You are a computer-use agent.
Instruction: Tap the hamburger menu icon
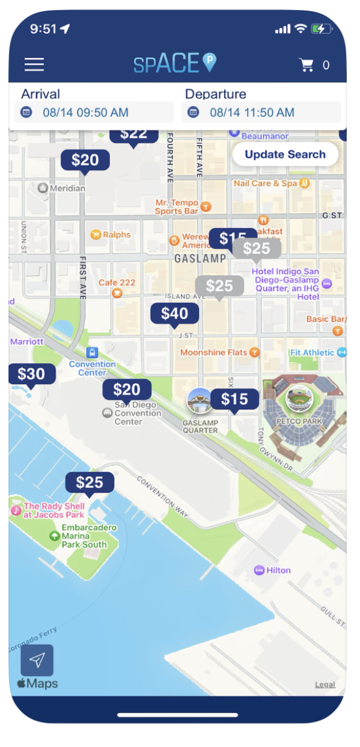click(x=34, y=64)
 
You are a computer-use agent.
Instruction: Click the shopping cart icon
click(x=307, y=65)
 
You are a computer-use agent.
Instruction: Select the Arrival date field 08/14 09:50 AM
click(x=94, y=112)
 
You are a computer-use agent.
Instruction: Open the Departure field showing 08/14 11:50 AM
click(x=260, y=112)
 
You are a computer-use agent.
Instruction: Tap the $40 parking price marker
click(x=174, y=313)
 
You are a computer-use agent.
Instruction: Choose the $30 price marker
click(x=32, y=374)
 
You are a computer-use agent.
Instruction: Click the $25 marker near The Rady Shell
click(x=89, y=482)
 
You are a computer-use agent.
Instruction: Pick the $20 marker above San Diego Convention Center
click(x=126, y=390)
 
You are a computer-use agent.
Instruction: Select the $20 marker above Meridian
click(x=85, y=160)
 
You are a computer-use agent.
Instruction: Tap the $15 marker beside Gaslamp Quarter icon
click(x=234, y=399)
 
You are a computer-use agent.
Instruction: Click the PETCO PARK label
click(x=299, y=421)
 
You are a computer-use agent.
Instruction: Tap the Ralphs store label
click(x=116, y=235)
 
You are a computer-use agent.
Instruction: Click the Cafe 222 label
click(x=117, y=282)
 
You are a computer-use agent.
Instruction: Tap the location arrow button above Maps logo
click(x=37, y=659)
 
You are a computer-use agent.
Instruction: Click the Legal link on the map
click(x=325, y=684)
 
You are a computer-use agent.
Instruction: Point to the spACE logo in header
click(x=175, y=64)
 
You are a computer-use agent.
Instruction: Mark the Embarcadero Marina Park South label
click(x=89, y=536)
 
